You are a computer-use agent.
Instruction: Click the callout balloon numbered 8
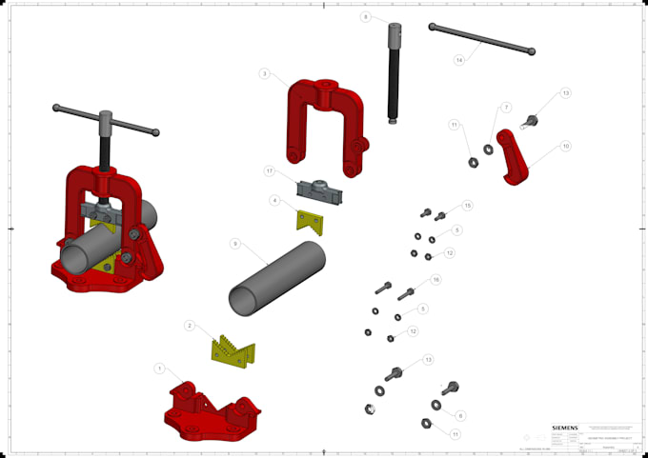pos(365,17)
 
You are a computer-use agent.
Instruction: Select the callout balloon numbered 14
pos(458,60)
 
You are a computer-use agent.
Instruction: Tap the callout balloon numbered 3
pos(264,73)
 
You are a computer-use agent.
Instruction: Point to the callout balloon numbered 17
pos(271,171)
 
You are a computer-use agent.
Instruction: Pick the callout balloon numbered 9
pos(234,245)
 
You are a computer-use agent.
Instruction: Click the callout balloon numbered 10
pos(565,147)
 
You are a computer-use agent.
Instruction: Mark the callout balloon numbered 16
pos(435,280)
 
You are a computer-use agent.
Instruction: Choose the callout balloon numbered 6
pos(460,416)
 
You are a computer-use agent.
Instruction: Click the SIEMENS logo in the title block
pos(564,428)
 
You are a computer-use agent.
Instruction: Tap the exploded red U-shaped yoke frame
pos(324,119)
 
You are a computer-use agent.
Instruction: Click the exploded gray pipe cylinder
pos(276,279)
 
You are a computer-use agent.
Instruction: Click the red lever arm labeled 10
pos(517,164)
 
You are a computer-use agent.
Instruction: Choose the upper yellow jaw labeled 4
pos(310,222)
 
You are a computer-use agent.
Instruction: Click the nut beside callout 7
pos(489,149)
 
